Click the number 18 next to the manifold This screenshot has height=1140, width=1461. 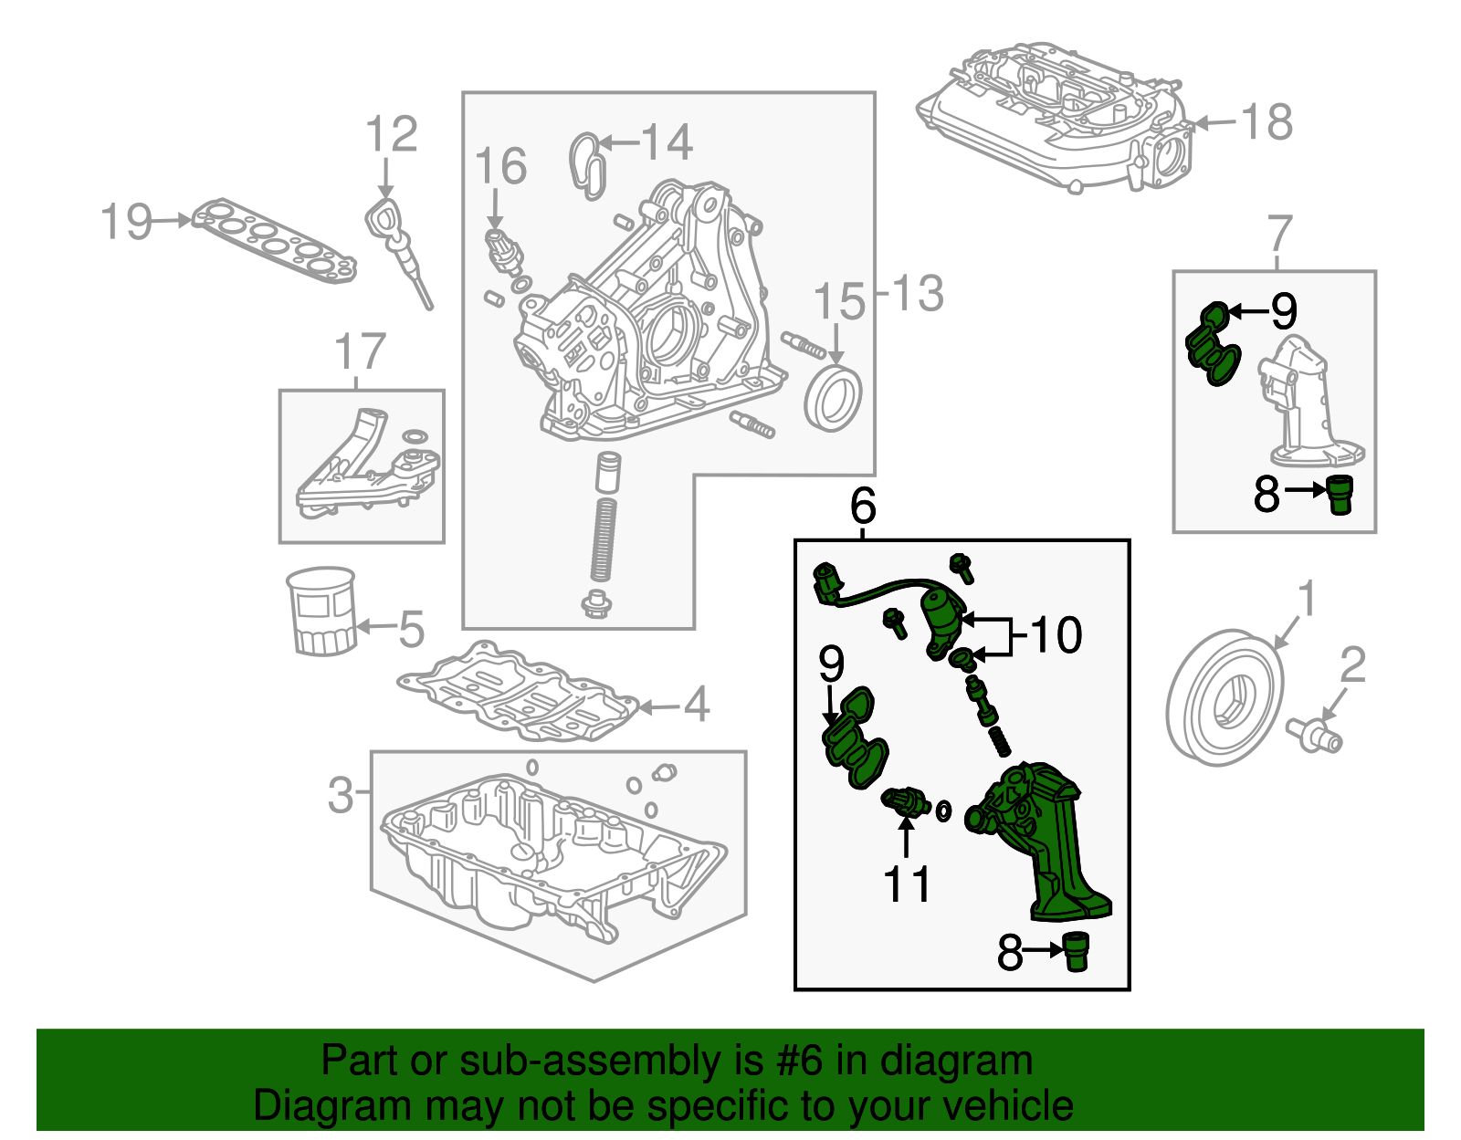pyautogui.click(x=1267, y=122)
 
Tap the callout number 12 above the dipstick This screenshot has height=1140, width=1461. pyautogui.click(x=391, y=135)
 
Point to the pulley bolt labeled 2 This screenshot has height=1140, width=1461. pyautogui.click(x=1315, y=735)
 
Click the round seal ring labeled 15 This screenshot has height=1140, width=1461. pyautogui.click(x=833, y=399)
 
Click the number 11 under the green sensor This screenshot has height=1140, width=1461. pyautogui.click(x=907, y=884)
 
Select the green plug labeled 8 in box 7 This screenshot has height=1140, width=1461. pyautogui.click(x=1339, y=494)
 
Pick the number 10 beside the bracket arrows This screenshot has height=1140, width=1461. pyautogui.click(x=1056, y=634)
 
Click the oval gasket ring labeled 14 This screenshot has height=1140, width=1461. pyautogui.click(x=588, y=164)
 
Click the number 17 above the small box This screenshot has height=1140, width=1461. pyautogui.click(x=360, y=351)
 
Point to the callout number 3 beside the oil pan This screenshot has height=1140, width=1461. pyautogui.click(x=340, y=794)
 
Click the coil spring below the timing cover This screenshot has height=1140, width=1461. pyautogui.click(x=603, y=539)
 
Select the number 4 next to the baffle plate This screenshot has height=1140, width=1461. pyautogui.click(x=696, y=705)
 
